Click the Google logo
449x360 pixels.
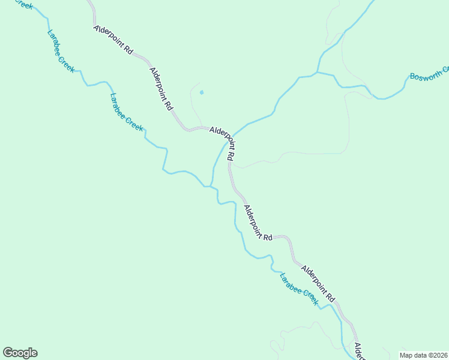[20, 353]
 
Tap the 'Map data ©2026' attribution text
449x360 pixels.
[424, 355]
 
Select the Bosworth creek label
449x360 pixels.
[429, 74]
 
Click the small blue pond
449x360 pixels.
[202, 92]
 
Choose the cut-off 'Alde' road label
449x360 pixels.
[358, 352]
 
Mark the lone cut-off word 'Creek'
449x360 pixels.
[24, 4]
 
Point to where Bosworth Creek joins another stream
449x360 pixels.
[317, 73]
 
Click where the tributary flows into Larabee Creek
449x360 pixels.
[211, 186]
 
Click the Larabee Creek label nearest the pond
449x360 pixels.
[127, 112]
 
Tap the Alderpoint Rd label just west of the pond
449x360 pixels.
[161, 88]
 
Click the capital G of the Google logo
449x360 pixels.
[8, 353]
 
